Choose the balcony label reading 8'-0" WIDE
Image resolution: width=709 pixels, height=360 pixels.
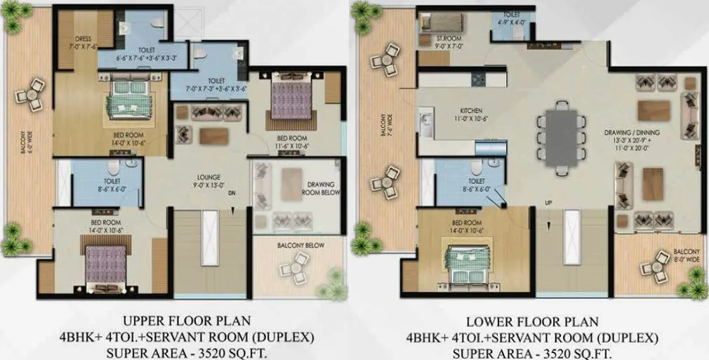[686, 255]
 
